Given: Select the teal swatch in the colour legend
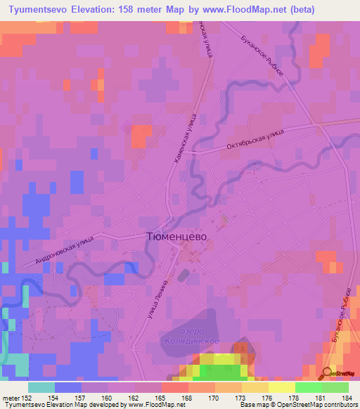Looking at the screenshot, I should point(41,387).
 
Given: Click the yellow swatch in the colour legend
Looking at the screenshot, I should point(282,387).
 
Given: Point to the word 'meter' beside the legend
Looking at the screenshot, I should point(10,397).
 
